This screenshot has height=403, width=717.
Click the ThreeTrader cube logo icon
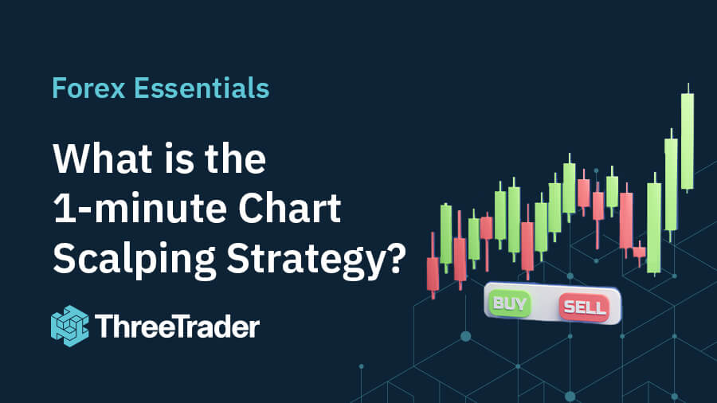[69, 325]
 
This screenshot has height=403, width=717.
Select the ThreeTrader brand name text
[176, 326]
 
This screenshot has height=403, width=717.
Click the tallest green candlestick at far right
[687, 141]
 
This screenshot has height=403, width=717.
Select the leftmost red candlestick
[433, 273]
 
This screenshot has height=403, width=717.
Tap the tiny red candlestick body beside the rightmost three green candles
[639, 252]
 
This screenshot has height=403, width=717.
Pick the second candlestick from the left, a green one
[446, 234]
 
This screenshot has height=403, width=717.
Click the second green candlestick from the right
[671, 184]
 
